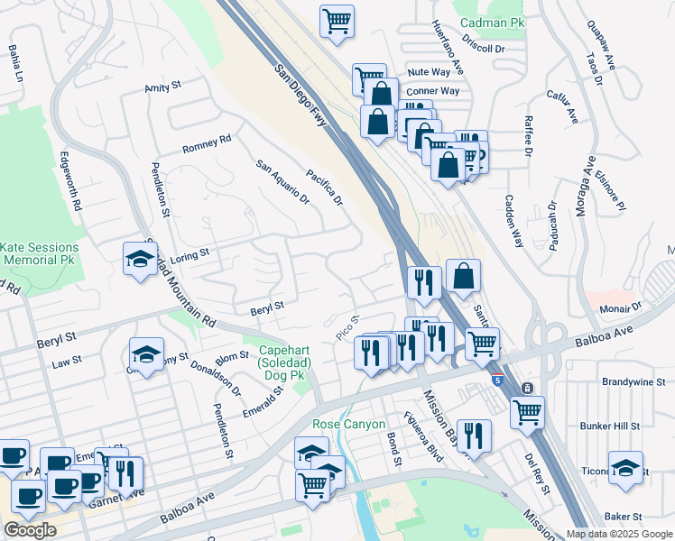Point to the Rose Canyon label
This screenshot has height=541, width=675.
tap(348, 424)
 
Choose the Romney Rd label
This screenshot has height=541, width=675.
tap(207, 143)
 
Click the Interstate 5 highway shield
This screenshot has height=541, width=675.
tap(498, 381)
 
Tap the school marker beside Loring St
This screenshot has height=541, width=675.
tap(141, 258)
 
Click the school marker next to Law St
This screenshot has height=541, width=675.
tap(146, 353)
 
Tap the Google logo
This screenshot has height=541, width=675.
tap(30, 530)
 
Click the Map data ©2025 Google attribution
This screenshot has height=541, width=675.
tap(618, 534)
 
